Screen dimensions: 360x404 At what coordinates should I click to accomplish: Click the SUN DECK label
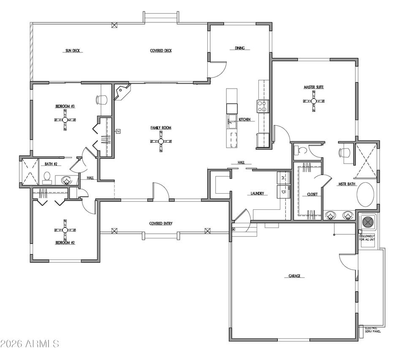point(73,51)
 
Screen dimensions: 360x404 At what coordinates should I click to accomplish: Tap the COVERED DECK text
point(161,51)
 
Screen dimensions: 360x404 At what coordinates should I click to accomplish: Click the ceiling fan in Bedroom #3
point(65,120)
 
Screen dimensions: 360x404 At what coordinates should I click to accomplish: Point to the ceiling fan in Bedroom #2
point(65,230)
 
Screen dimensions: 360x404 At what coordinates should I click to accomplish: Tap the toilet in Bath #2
point(47,177)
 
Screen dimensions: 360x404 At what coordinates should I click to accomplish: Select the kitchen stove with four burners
point(263,106)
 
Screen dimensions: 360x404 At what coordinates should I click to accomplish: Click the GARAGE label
point(294,276)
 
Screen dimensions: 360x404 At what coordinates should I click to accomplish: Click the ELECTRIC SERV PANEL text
point(373,330)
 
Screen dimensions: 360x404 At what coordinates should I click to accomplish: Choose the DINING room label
point(240,48)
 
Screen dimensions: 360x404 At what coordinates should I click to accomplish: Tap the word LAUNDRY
point(257,194)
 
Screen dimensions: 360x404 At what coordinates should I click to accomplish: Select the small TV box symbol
point(118,131)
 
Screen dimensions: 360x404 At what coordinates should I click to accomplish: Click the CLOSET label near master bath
point(312,194)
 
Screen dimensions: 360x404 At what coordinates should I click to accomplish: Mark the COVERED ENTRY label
point(161,224)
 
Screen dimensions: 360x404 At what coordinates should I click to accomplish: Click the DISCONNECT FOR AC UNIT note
point(367,238)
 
